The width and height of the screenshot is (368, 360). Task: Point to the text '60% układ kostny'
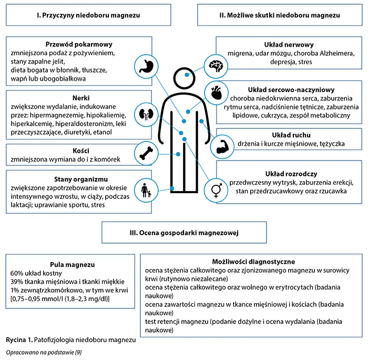point(36,274)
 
